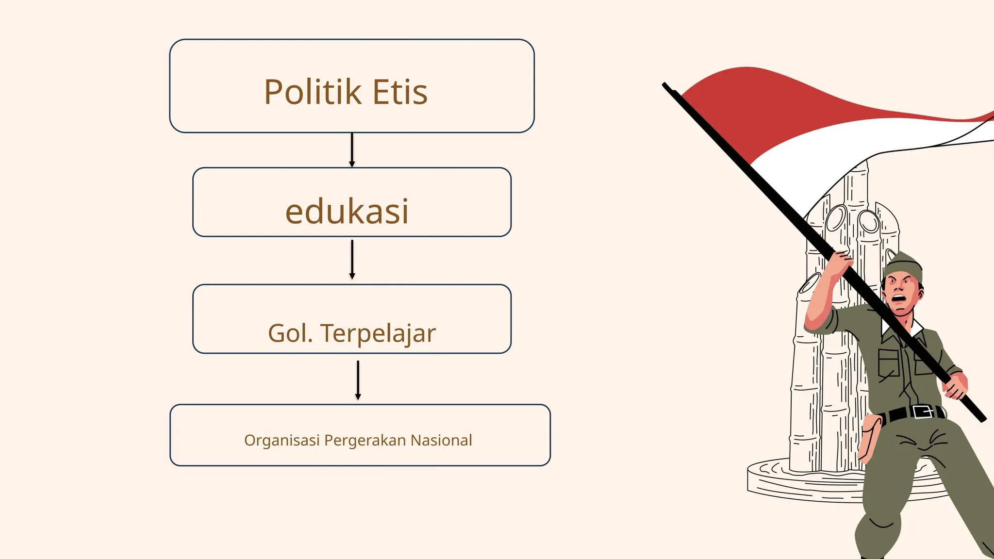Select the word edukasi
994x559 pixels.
(347, 212)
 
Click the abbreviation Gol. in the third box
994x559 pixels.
(290, 333)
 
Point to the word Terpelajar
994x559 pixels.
(378, 334)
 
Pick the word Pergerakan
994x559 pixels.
(365, 441)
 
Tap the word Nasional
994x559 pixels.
(441, 440)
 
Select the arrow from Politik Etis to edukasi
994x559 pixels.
(352, 150)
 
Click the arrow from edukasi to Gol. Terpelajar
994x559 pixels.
(352, 260)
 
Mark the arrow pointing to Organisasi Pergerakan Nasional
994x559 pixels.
(358, 380)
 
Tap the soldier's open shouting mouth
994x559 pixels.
(899, 298)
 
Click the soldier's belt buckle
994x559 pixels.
(922, 412)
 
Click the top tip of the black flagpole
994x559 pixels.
(665, 85)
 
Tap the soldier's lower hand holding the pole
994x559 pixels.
(955, 386)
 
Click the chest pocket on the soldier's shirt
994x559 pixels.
(889, 362)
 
